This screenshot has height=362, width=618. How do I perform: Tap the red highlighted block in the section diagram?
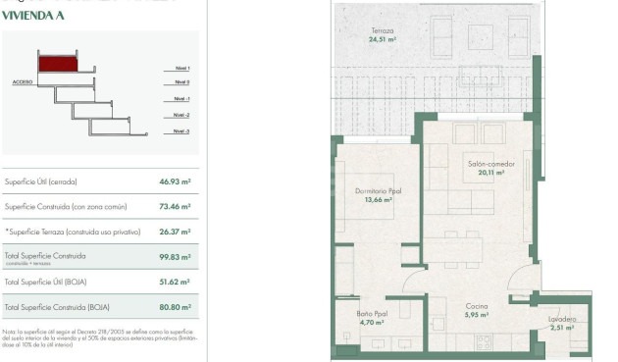(x=58, y=64)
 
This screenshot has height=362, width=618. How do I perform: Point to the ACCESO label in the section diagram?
(x=24, y=81)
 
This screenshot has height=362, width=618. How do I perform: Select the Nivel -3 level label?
(x=180, y=130)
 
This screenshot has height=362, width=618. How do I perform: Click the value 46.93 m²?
(x=175, y=181)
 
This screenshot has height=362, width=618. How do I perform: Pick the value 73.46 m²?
(x=175, y=207)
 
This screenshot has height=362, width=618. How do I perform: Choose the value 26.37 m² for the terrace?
(x=175, y=233)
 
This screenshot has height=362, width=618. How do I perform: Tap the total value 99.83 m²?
(x=175, y=258)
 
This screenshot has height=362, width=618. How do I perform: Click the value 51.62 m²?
(x=175, y=283)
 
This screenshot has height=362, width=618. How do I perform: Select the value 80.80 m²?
(x=175, y=308)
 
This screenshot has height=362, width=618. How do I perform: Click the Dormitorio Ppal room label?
(x=378, y=191)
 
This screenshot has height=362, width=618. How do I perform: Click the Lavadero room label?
(x=562, y=319)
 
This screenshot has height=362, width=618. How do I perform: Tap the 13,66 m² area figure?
(x=378, y=199)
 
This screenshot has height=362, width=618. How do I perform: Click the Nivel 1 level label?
(x=180, y=68)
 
